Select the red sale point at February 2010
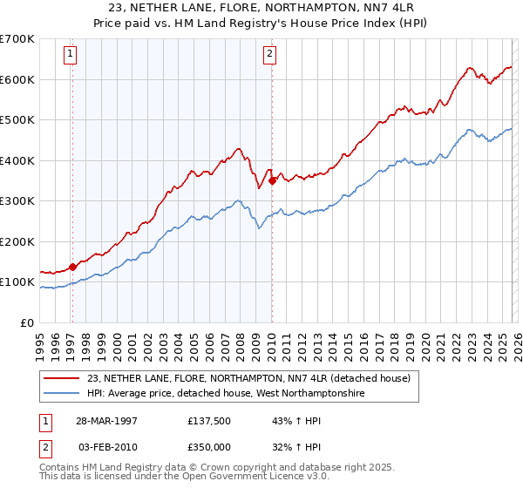click(272, 180)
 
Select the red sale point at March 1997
click(72, 267)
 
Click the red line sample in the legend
click(62, 378)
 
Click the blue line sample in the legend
click(62, 393)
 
